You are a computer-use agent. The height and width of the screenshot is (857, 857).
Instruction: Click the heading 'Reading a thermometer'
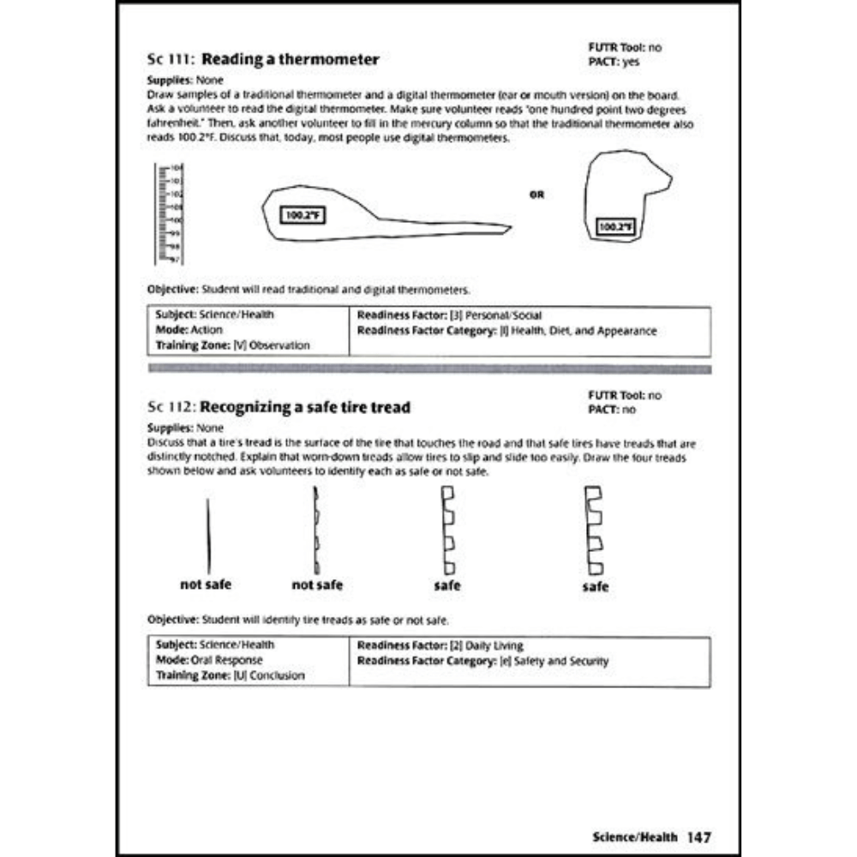coord(291,60)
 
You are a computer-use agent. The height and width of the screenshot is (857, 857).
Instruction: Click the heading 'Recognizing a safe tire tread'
coord(305,407)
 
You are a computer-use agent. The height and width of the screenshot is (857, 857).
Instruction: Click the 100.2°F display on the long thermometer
coord(303,216)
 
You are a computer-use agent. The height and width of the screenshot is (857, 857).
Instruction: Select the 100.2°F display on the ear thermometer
coord(614,227)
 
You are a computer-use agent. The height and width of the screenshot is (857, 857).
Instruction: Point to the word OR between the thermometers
coord(537,195)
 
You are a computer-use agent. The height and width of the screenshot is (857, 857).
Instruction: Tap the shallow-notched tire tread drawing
coord(316,531)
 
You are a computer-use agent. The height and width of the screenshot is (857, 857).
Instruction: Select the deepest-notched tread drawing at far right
coord(593,531)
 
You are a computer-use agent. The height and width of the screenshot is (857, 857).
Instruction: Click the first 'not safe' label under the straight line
coord(206,584)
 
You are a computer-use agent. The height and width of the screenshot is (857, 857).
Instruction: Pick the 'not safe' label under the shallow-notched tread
coord(317,584)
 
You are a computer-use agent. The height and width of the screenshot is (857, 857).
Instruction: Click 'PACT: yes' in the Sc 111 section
coord(614,62)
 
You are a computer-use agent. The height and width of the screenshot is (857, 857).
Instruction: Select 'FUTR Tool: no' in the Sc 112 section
coord(626,396)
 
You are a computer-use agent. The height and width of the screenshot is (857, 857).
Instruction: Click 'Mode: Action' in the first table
coord(189,329)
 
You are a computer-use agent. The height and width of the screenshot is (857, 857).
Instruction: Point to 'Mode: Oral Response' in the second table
coord(209,661)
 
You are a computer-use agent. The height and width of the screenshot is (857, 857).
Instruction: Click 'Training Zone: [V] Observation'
coord(231,345)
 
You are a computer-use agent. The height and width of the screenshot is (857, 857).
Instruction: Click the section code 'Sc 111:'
coord(171,61)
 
